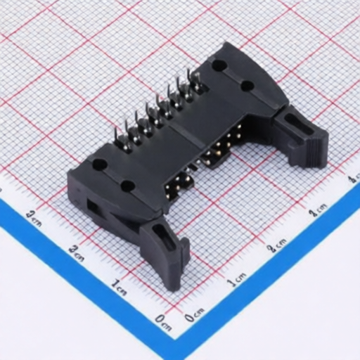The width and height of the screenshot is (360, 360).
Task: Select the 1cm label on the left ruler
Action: click(x=120, y=285)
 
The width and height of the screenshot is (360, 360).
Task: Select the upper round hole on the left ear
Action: click(x=100, y=164)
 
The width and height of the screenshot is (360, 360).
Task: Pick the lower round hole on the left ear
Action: click(x=128, y=186)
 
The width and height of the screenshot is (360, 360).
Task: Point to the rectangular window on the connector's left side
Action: click(x=91, y=207)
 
